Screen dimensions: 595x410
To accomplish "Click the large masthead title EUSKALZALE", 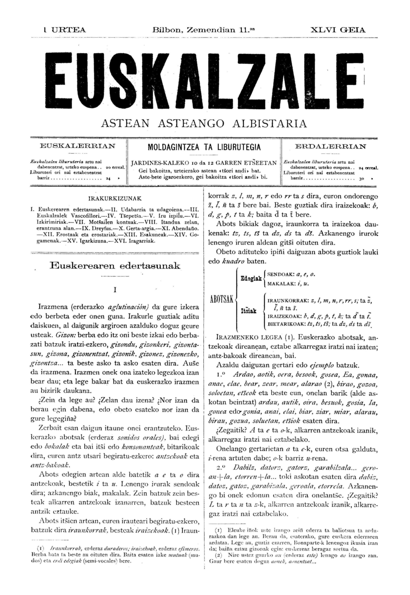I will (205, 79).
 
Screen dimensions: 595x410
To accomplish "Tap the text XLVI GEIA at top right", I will (338, 30).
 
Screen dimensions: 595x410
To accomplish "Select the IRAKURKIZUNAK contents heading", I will (115, 199).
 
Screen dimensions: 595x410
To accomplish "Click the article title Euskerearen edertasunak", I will (115, 266).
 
